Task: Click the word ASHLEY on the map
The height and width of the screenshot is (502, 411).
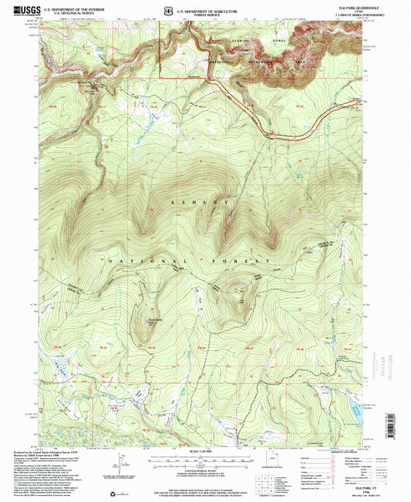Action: click(204, 202)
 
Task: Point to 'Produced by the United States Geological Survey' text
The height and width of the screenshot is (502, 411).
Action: click(42, 453)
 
